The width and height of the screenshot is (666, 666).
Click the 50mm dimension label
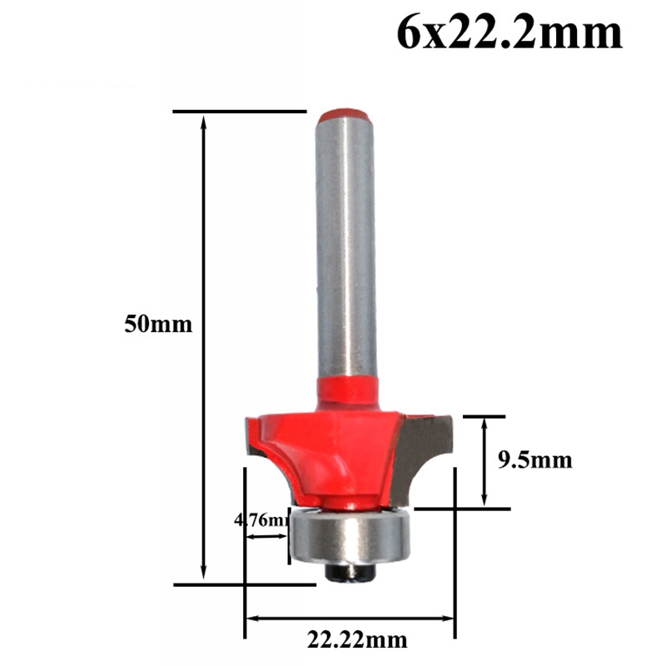158,324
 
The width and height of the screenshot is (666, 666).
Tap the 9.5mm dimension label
535,460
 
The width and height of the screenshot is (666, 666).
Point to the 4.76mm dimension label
261,523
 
